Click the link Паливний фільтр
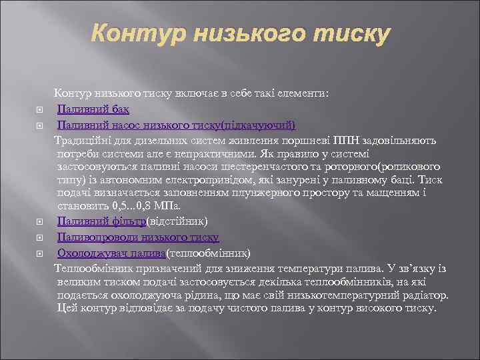click(101, 221)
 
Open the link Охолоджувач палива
click(111, 253)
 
